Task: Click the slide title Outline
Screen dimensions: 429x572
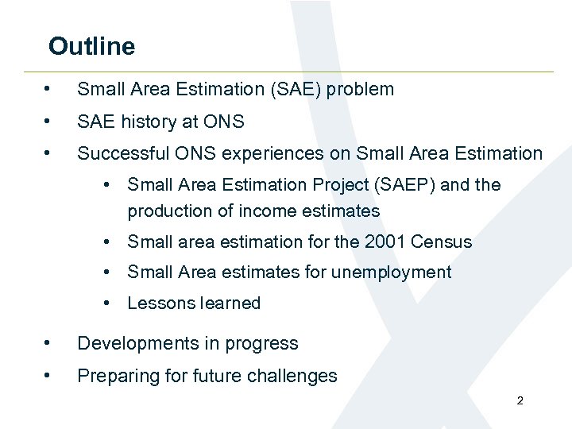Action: coord(91,46)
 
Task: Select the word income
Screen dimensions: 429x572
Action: coord(261,211)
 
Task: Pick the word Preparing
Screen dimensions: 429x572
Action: coord(113,376)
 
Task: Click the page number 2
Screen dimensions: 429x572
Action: coord(520,401)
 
